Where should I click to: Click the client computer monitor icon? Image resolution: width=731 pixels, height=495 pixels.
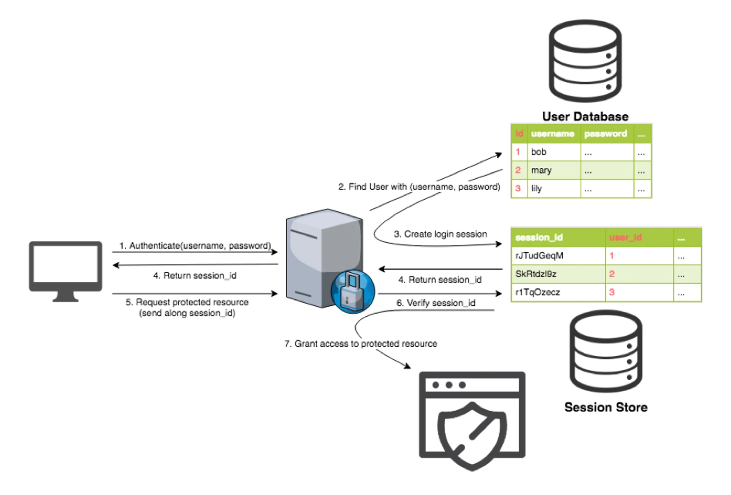tap(65, 270)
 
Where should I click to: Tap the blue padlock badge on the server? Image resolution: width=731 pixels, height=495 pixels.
tap(353, 292)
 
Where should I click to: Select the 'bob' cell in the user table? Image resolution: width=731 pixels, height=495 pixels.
tap(539, 152)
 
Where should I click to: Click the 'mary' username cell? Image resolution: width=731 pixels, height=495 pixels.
tap(541, 170)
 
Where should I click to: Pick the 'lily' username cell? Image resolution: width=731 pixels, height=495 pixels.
tap(536, 189)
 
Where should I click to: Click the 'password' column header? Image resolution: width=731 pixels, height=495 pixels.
tap(605, 134)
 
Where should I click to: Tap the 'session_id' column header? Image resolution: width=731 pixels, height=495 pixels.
tap(539, 237)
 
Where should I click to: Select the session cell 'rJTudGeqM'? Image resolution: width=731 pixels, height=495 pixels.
tap(539, 256)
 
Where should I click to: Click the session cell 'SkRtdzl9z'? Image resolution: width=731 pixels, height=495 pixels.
tap(536, 274)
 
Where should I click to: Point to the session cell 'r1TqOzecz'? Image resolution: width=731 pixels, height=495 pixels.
tap(537, 292)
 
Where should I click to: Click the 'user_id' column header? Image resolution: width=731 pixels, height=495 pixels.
tap(625, 237)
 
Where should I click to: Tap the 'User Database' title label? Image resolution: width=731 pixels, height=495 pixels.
tap(585, 116)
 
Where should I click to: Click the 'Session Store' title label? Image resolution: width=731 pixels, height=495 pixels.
tap(605, 407)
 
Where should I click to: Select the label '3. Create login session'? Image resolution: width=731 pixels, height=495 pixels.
tap(440, 234)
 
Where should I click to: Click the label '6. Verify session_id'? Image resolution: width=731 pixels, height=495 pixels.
tap(435, 303)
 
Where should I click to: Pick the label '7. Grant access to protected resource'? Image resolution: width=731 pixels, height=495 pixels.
tap(361, 344)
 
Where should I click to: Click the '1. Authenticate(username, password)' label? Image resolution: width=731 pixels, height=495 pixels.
tap(195, 246)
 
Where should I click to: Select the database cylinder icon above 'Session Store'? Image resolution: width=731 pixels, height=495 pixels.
tap(605, 351)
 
